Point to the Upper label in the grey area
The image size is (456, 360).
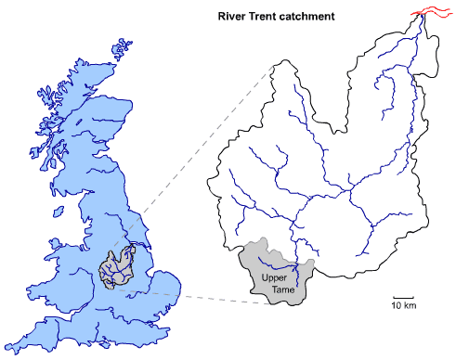point(274,279)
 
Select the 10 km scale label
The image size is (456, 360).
point(402,306)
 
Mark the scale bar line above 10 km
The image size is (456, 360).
point(402,298)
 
